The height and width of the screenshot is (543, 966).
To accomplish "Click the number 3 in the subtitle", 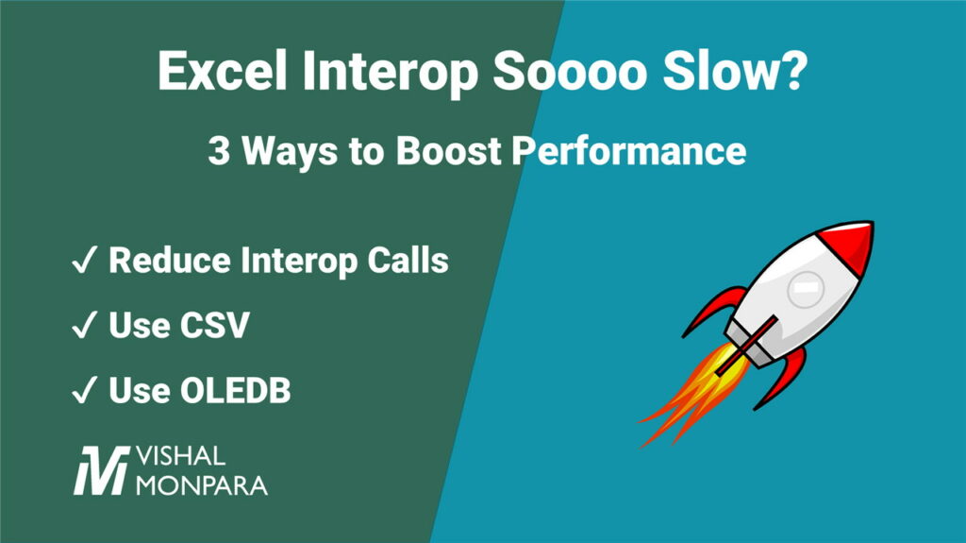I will click(x=219, y=151).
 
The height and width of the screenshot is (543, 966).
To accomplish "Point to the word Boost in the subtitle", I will click(x=458, y=151).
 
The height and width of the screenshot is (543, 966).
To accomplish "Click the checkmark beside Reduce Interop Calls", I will click(x=83, y=261).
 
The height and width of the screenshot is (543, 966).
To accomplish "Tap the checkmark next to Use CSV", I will click(x=83, y=326).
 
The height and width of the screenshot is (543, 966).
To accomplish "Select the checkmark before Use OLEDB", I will click(x=83, y=391).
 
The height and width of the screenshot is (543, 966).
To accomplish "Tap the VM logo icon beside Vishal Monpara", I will click(x=101, y=468).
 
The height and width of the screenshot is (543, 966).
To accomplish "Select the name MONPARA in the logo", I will click(x=201, y=486).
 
